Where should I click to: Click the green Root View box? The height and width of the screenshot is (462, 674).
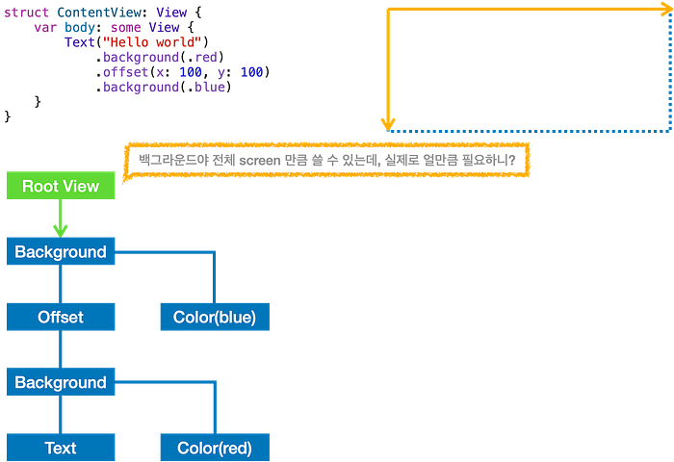pyautogui.click(x=61, y=185)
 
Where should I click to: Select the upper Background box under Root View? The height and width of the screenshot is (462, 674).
pyautogui.click(x=61, y=251)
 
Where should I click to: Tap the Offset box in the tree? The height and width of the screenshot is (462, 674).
pyautogui.click(x=61, y=317)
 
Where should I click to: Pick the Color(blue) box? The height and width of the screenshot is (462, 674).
pyautogui.click(x=215, y=317)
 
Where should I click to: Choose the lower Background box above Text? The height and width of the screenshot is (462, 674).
pyautogui.click(x=61, y=382)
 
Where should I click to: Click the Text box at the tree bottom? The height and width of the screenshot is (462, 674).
pyautogui.click(x=61, y=448)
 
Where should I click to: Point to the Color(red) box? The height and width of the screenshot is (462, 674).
pyautogui.click(x=215, y=448)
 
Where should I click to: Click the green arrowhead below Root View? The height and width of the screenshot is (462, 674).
pyautogui.click(x=60, y=231)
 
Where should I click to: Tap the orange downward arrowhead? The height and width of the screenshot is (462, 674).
pyautogui.click(x=388, y=124)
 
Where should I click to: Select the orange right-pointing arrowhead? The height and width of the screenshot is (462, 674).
pyautogui.click(x=667, y=9)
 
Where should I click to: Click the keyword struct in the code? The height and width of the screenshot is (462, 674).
pyautogui.click(x=26, y=13)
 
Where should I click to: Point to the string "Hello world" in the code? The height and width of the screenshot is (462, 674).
pyautogui.click(x=152, y=42)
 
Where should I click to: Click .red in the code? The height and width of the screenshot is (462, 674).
pyautogui.click(x=205, y=57)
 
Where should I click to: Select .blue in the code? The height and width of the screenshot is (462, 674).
pyautogui.click(x=209, y=87)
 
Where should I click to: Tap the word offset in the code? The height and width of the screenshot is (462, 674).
pyautogui.click(x=125, y=72)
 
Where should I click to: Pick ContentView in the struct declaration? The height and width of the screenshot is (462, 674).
pyautogui.click(x=99, y=13)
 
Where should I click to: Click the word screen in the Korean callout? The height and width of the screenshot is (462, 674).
pyautogui.click(x=260, y=161)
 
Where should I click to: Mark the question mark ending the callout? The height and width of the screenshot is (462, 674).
pyautogui.click(x=511, y=160)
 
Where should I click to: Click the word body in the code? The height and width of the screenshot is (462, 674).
pyautogui.click(x=80, y=28)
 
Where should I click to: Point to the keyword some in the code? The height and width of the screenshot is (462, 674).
pyautogui.click(x=125, y=28)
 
